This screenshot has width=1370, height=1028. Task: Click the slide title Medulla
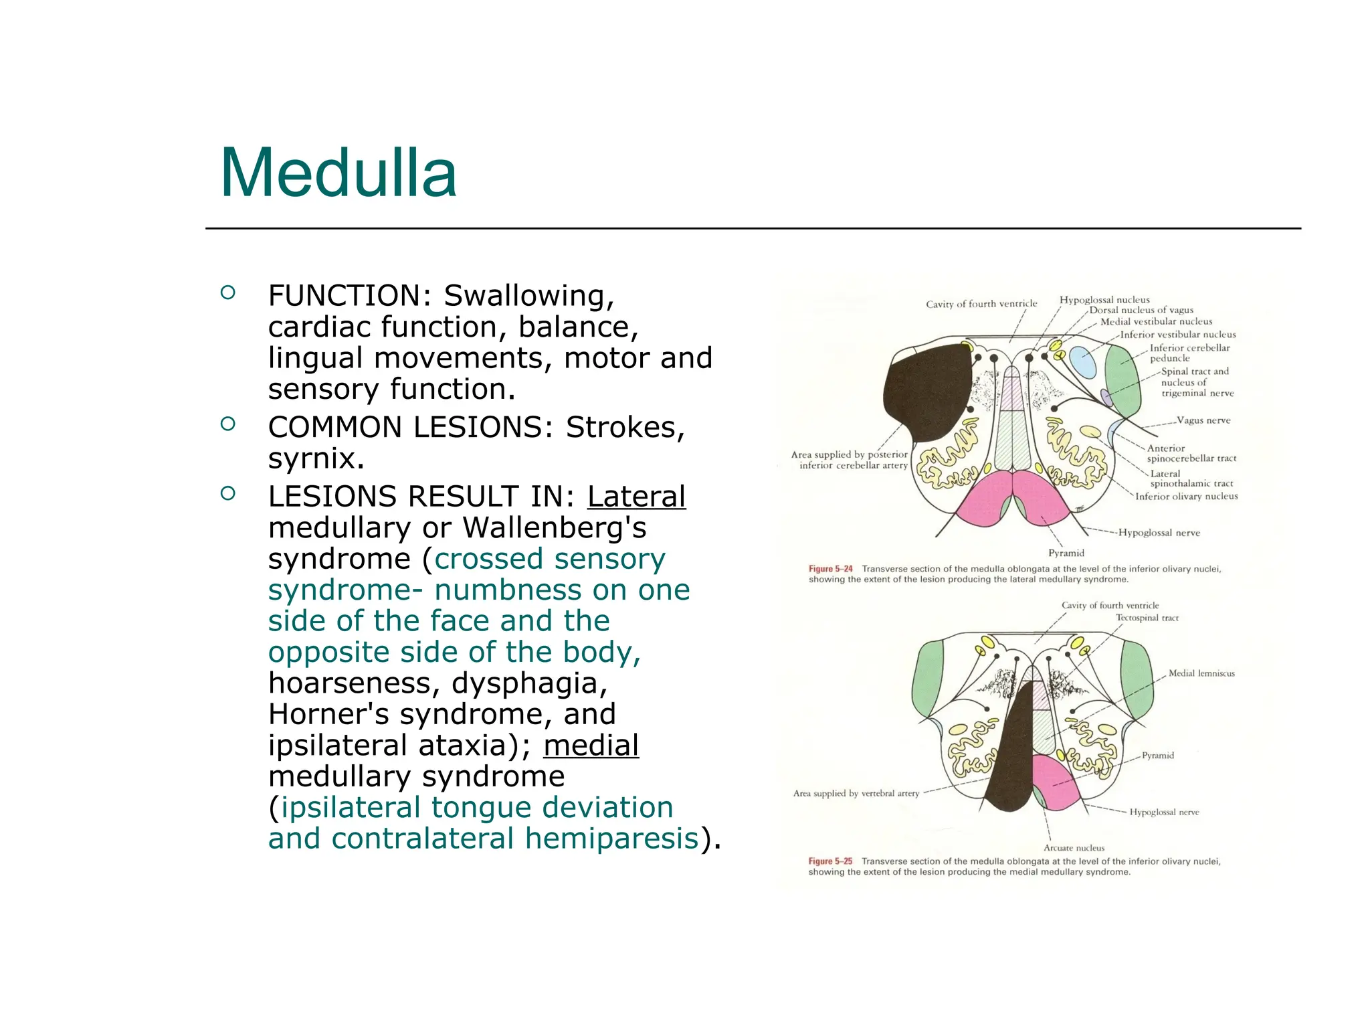[x=338, y=173]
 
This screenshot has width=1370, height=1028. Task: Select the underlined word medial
[x=591, y=746]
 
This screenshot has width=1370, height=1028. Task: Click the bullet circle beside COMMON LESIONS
[x=228, y=424]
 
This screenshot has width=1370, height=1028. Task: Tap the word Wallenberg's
[x=555, y=528]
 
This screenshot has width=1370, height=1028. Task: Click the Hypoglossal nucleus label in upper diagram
[x=1104, y=300]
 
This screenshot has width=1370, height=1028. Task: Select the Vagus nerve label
[x=1203, y=420]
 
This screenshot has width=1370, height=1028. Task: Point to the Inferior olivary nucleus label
[x=1186, y=497]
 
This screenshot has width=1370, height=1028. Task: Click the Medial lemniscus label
[x=1201, y=673]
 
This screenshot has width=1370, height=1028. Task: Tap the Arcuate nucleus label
[x=1074, y=848]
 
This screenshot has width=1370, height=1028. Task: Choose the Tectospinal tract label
[x=1147, y=618]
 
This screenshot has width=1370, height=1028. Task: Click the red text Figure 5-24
[x=830, y=569]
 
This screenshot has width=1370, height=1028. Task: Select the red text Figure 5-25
[x=830, y=861]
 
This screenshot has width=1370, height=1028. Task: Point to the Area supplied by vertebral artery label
[x=856, y=794]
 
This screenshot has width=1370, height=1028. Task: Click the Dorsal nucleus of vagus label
[x=1141, y=311]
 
